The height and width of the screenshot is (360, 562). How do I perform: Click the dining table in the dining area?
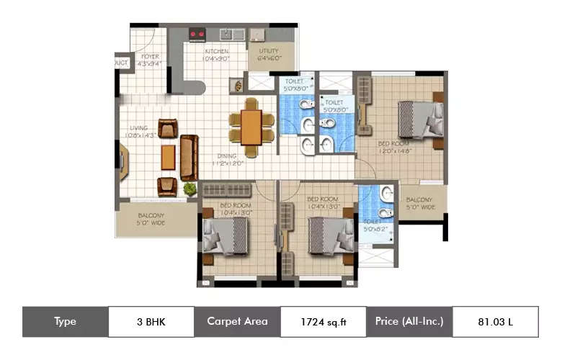[251, 127]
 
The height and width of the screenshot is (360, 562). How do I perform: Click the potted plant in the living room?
[189, 189]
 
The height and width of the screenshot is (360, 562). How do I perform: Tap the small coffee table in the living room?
[168, 156]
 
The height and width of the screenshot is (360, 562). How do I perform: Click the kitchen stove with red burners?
[197, 33]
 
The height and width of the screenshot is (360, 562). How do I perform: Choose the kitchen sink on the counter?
[231, 33]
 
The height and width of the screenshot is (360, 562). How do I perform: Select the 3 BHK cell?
[151, 322]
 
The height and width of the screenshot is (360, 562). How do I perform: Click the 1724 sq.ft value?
[324, 322]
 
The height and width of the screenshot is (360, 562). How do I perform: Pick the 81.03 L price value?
[495, 322]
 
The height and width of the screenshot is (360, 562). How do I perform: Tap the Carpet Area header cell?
[237, 322]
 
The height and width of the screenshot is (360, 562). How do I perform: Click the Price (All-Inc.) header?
[409, 322]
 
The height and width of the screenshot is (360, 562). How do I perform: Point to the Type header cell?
[65, 322]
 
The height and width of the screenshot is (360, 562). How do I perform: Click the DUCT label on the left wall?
[121, 63]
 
